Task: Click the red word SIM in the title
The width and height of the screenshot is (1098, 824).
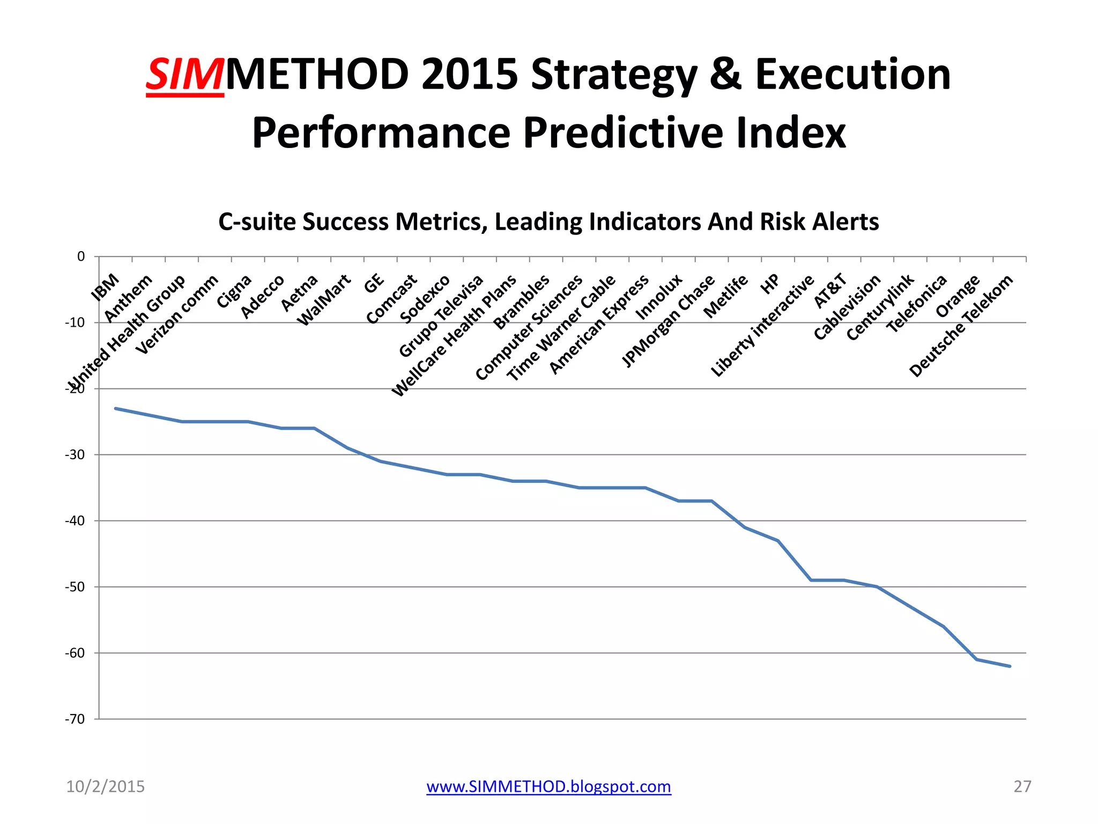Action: (x=184, y=75)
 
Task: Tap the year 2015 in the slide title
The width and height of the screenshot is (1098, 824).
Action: (x=469, y=75)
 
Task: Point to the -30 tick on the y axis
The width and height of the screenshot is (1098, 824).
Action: (x=75, y=455)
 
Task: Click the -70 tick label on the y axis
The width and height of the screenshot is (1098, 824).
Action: (x=75, y=719)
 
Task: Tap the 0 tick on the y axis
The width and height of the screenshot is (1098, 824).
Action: (x=81, y=256)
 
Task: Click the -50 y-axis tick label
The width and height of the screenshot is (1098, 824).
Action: (x=75, y=587)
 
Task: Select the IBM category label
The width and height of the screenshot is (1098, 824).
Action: (x=105, y=287)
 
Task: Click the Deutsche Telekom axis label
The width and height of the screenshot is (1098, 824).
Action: (x=961, y=326)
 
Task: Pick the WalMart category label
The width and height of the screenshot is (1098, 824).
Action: (x=324, y=300)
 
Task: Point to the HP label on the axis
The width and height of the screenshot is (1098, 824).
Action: (x=770, y=284)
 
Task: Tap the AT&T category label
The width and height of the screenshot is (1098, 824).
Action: (x=830, y=291)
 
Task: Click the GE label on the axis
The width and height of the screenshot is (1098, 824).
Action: (x=374, y=283)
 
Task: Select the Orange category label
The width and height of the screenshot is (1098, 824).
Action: (x=958, y=296)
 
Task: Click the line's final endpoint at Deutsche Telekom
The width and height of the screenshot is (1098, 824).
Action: (x=1010, y=666)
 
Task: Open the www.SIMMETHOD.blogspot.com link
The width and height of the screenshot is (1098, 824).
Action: (x=548, y=786)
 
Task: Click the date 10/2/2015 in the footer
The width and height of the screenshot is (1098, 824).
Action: (x=105, y=786)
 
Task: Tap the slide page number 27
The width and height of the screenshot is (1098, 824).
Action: (x=1022, y=786)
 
